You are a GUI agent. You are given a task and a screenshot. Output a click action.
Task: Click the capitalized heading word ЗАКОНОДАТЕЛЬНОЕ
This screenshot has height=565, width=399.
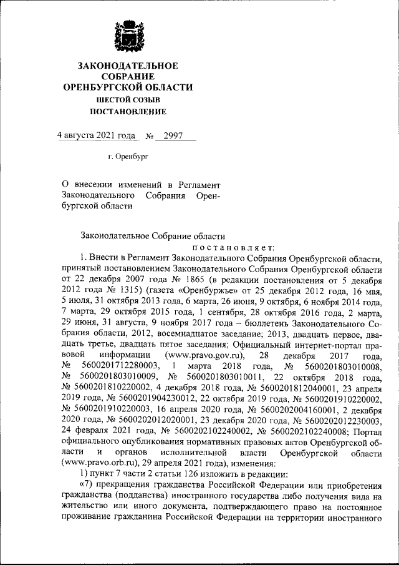click(x=128, y=66)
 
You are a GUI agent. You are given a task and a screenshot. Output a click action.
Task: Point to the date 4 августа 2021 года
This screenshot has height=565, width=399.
click(x=96, y=135)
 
